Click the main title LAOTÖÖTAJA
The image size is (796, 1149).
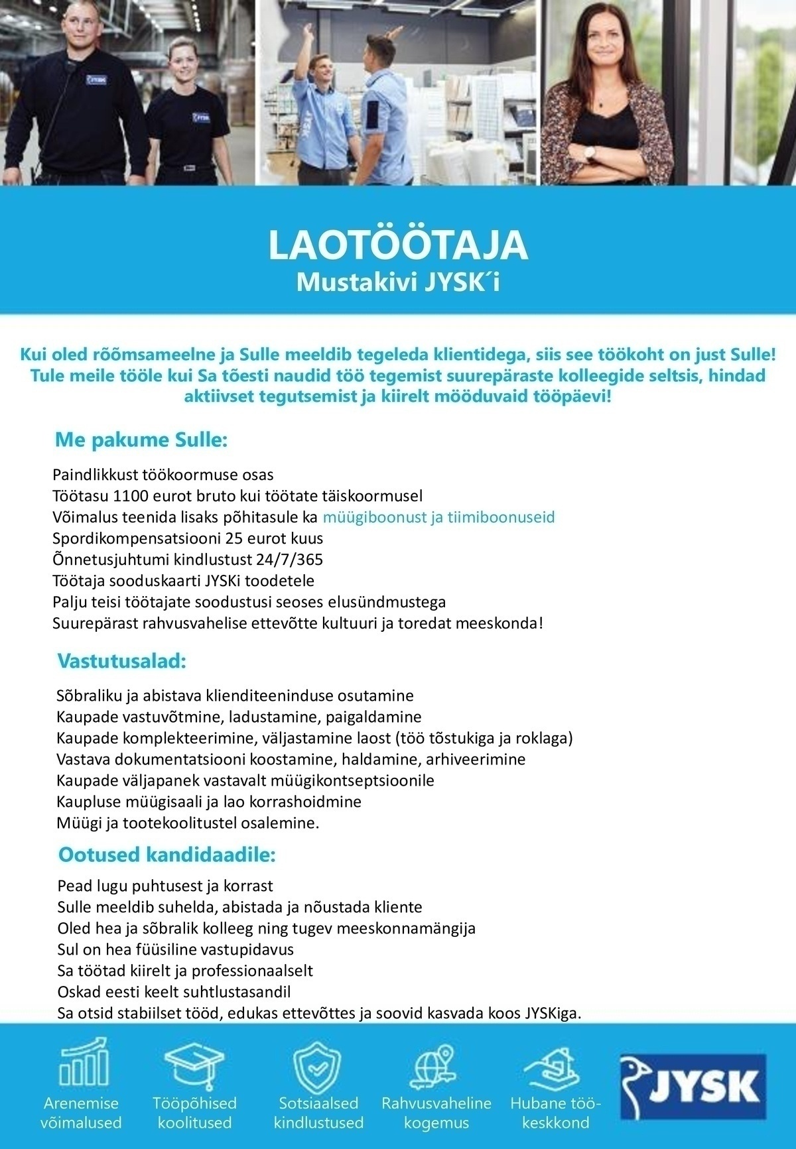pyautogui.click(x=397, y=245)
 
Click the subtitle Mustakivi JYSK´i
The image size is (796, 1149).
pyautogui.click(x=397, y=282)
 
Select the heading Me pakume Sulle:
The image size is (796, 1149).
pyautogui.click(x=141, y=440)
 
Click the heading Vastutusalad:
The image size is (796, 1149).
pyautogui.click(x=121, y=661)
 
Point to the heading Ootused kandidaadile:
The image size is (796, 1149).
pyautogui.click(x=166, y=854)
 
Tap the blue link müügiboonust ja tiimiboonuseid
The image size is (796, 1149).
pyautogui.click(x=438, y=517)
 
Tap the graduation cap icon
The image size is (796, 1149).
pyautogui.click(x=194, y=1064)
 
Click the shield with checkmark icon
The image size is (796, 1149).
pyautogui.click(x=317, y=1065)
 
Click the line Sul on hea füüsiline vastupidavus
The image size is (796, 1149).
pyautogui.click(x=176, y=949)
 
